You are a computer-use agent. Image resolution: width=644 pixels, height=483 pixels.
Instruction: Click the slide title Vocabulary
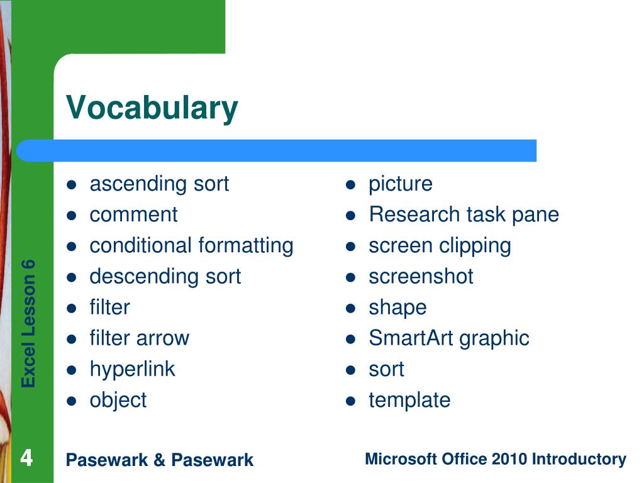coord(152,108)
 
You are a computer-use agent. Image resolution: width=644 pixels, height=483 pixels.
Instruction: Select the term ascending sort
coord(159,184)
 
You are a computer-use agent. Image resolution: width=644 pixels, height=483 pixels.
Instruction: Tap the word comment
coord(133,215)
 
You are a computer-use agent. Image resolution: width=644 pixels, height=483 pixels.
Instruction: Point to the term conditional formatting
coord(191,246)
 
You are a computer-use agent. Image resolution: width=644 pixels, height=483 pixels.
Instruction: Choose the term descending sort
coord(165,277)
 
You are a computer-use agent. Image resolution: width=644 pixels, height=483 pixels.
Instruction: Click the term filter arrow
coord(140,338)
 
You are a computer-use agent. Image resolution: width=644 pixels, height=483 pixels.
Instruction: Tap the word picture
coord(401,184)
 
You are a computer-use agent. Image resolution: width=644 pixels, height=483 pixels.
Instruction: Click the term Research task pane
coord(464,215)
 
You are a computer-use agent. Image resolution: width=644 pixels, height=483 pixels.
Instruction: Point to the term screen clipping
coord(440,247)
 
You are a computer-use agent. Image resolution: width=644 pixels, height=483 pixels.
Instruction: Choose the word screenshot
coord(421,277)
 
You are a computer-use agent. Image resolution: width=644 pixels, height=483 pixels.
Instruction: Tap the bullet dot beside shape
coord(350,308)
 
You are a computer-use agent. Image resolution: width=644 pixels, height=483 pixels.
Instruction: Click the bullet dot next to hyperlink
coord(72,370)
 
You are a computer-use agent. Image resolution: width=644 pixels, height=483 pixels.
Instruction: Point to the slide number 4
coord(26,458)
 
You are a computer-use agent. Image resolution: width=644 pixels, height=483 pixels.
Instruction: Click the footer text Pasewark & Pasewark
coord(160,460)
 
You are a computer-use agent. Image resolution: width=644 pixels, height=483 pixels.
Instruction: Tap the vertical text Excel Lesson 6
coord(29,324)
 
